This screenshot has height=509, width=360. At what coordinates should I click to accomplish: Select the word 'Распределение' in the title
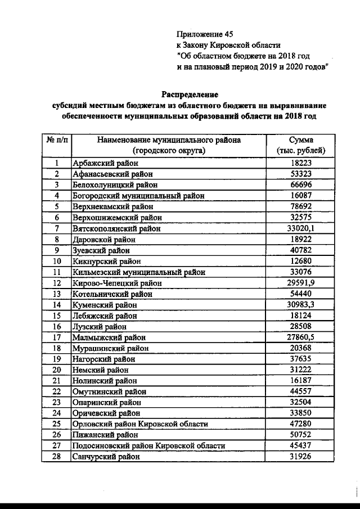[x=190, y=94]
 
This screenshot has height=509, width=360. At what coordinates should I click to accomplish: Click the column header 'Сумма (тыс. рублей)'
[x=301, y=145]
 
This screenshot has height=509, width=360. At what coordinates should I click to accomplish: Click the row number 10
[x=57, y=261]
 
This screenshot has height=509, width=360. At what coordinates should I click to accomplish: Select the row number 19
[x=57, y=359]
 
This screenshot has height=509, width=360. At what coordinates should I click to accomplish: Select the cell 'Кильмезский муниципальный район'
[x=138, y=272]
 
